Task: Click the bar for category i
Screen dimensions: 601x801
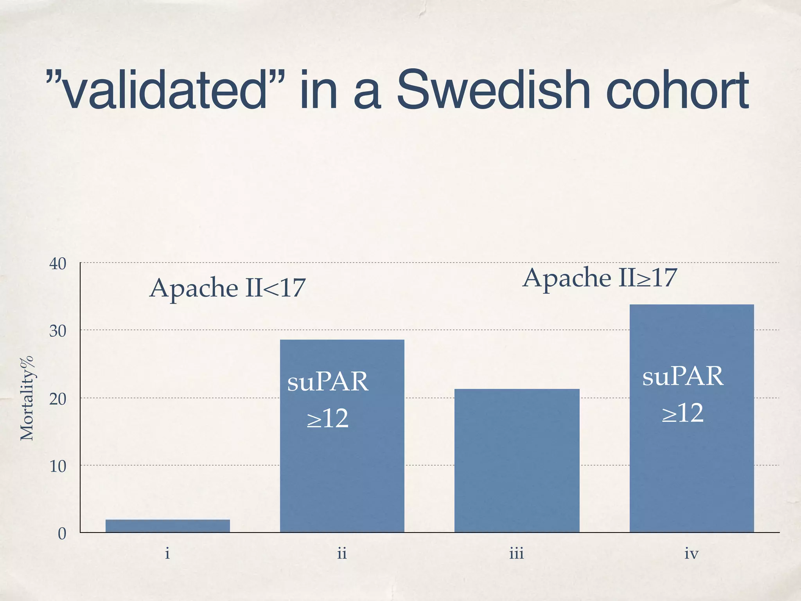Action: (x=167, y=526)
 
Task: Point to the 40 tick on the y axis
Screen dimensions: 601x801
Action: (x=58, y=264)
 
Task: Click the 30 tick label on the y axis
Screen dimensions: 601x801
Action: (x=58, y=331)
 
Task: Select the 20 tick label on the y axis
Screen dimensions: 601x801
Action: (x=58, y=399)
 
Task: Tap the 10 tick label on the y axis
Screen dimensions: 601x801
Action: (x=58, y=466)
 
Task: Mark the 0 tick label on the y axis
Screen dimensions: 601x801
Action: (x=62, y=534)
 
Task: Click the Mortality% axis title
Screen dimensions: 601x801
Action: (x=27, y=398)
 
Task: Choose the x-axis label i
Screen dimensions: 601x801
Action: (x=167, y=554)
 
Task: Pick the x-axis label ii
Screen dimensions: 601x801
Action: (x=342, y=554)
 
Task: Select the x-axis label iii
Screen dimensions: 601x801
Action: (x=517, y=554)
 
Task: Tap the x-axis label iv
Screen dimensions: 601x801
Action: (x=691, y=554)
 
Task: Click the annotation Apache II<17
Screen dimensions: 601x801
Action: (x=227, y=289)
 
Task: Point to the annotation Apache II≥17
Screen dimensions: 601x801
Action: (x=600, y=279)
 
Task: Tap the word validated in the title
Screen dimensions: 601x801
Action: (x=164, y=91)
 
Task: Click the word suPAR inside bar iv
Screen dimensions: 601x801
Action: (x=683, y=377)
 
